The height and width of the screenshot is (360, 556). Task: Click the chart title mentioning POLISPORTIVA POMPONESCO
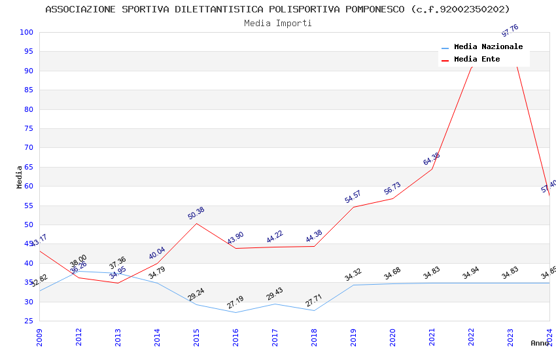click(x=277, y=9)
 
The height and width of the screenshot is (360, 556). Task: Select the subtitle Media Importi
click(x=277, y=23)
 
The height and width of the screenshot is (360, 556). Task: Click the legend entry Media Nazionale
click(x=488, y=46)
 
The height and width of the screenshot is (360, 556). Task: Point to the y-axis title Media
click(x=20, y=177)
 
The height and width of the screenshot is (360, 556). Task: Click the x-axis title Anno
click(x=540, y=343)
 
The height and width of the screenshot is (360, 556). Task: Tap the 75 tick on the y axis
click(x=27, y=128)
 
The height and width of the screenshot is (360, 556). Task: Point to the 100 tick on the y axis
click(x=27, y=32)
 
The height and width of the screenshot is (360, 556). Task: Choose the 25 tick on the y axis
click(x=27, y=321)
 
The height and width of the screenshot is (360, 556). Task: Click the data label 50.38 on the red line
click(x=196, y=213)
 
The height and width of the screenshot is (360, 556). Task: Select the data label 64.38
click(x=432, y=159)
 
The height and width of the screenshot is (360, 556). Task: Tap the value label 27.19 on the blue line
click(x=235, y=302)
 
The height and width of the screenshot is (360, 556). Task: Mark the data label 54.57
click(x=353, y=197)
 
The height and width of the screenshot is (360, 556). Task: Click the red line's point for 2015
click(x=196, y=223)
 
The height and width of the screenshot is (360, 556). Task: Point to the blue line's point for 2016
click(x=235, y=312)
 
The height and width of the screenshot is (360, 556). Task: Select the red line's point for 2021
click(x=432, y=170)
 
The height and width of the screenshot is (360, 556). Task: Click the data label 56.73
click(x=392, y=189)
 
